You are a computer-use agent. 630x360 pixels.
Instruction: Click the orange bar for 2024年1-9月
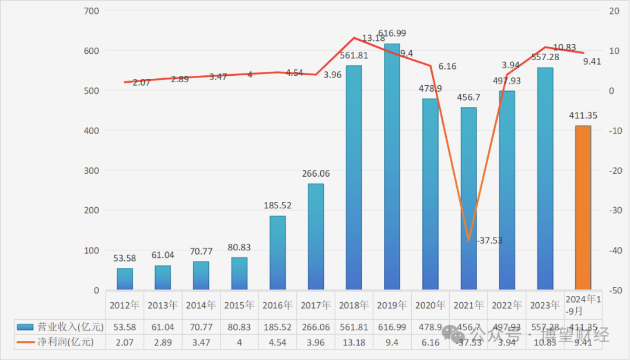tap(583, 208)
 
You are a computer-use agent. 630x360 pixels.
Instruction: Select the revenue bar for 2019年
tap(392, 167)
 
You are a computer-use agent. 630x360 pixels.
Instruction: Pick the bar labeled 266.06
tap(316, 237)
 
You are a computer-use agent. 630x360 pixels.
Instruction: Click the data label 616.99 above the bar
tap(392, 33)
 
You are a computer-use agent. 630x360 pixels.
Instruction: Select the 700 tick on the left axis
tap(92, 11)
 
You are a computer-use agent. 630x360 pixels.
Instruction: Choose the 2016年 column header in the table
tap(277, 305)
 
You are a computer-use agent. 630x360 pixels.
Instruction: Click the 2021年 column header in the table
tap(468, 305)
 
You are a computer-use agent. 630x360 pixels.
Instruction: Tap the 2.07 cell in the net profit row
tap(125, 342)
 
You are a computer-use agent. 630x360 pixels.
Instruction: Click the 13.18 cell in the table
tap(353, 342)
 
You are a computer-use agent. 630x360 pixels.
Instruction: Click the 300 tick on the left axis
tap(92, 171)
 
